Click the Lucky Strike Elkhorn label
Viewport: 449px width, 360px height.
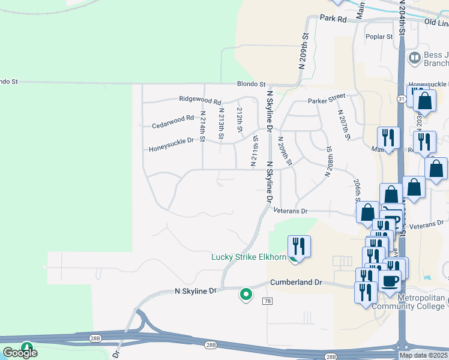[249, 257]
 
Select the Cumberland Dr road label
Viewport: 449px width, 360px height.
[296, 282]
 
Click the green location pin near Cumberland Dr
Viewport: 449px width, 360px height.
[246, 294]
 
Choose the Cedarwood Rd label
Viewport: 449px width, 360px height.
[173, 122]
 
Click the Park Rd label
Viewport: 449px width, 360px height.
[334, 19]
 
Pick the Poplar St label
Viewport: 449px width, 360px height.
[379, 37]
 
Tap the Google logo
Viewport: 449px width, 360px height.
[20, 352]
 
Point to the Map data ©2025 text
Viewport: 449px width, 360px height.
[423, 355]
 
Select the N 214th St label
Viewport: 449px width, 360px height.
[202, 126]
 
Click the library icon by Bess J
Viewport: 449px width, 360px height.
[414, 58]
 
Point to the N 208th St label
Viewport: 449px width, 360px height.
[328, 160]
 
